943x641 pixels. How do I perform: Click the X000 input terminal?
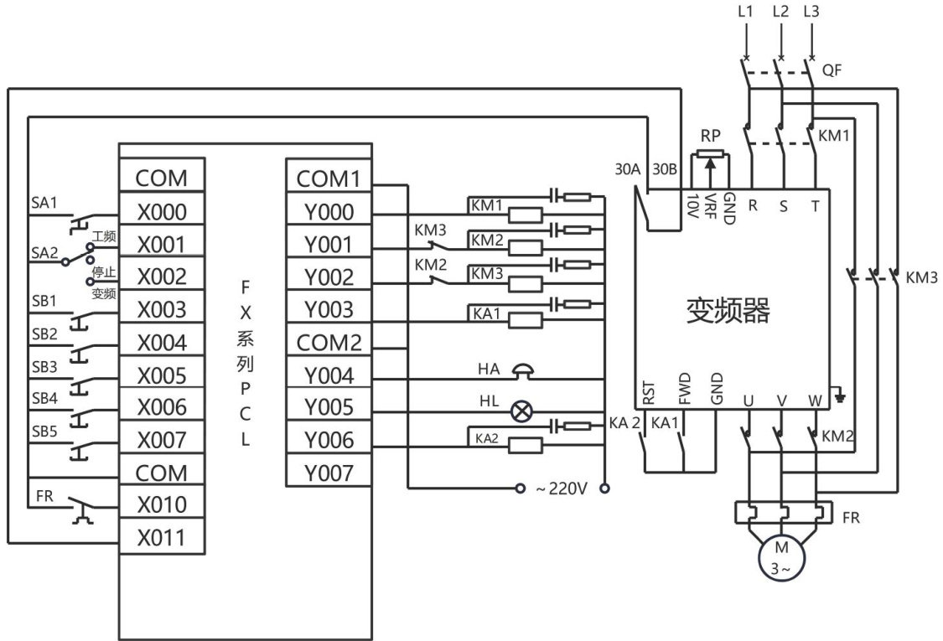tap(162, 211)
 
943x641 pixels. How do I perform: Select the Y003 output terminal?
tap(329, 310)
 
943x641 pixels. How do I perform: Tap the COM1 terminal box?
tap(329, 178)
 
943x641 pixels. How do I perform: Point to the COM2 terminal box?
tap(329, 343)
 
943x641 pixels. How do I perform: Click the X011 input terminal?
tap(162, 537)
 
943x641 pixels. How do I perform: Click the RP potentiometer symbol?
tap(711, 156)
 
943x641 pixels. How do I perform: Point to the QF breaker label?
tap(832, 72)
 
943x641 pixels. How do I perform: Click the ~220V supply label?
tap(562, 488)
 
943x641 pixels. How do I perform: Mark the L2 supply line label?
tap(781, 12)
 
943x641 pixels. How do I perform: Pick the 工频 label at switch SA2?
tap(104, 238)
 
